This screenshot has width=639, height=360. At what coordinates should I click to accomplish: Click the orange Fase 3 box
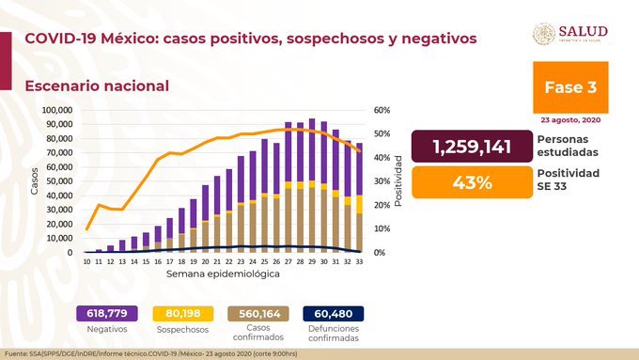tap(569, 86)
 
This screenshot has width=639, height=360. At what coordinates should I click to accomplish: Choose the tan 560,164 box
tap(255, 313)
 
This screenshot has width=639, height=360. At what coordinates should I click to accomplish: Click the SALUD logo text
tap(584, 31)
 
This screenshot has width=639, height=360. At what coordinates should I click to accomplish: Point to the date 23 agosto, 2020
tap(570, 120)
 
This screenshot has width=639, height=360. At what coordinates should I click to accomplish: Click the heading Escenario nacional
tap(97, 86)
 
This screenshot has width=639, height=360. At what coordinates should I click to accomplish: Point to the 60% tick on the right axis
tap(382, 110)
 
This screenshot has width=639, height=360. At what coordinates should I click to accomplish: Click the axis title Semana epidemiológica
tap(223, 274)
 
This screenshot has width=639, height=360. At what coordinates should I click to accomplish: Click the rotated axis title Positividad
tap(399, 181)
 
